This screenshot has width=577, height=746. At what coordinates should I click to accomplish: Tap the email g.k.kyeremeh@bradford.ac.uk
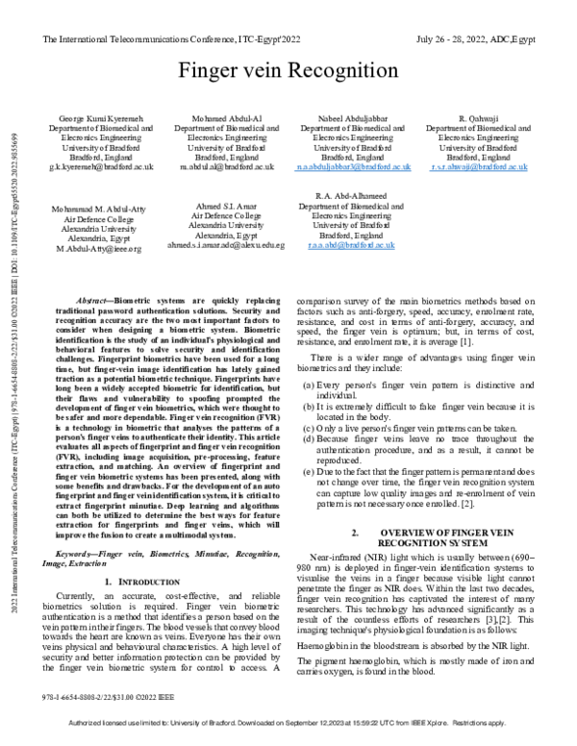pos(101,166)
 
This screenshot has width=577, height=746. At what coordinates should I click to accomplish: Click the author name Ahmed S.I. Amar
pos(227,209)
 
